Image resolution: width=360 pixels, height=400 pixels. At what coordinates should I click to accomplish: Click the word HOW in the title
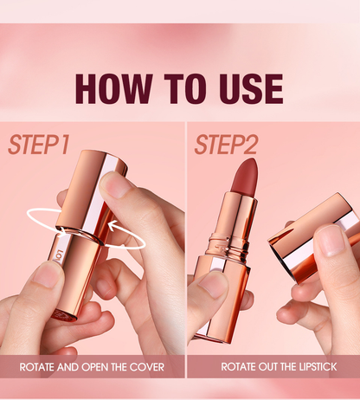[x=113, y=88]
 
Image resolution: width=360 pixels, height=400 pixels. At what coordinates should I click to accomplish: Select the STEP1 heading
[x=39, y=145]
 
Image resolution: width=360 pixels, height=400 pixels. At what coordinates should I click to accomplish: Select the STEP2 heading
[x=226, y=145]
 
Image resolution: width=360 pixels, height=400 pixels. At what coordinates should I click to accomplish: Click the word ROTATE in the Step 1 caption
[x=37, y=367]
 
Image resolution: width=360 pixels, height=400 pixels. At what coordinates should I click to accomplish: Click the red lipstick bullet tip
[x=244, y=176]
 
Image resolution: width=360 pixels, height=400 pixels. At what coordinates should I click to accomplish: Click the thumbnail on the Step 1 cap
[x=116, y=185]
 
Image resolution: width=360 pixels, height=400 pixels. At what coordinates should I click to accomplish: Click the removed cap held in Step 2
[x=314, y=236]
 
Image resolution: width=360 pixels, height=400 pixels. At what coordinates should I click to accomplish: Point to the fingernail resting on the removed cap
[x=331, y=240]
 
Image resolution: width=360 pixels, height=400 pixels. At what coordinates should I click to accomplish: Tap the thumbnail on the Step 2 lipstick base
[x=212, y=285]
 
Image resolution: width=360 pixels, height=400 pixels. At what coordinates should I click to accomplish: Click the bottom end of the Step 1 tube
[x=64, y=315]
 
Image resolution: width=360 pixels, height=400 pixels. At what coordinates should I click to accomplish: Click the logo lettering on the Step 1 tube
[x=58, y=255]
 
